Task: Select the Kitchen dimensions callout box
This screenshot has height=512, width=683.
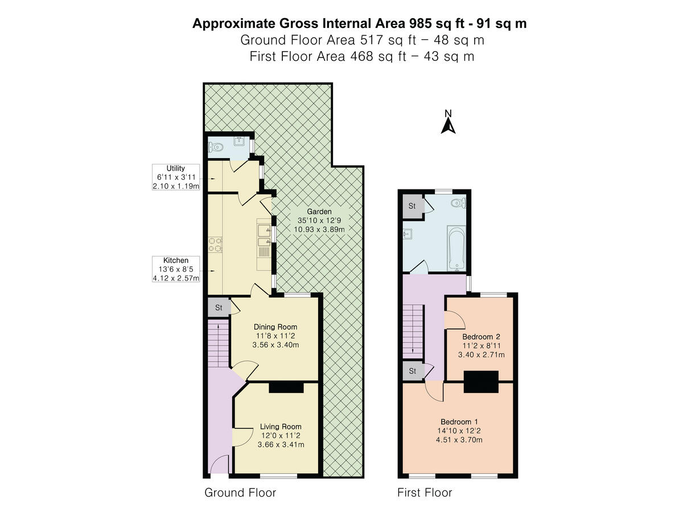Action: coord(176,269)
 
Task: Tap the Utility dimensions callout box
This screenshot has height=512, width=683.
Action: coord(176,177)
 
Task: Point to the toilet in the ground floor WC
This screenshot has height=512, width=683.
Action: coord(216,147)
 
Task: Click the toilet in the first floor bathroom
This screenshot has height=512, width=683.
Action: coord(456,204)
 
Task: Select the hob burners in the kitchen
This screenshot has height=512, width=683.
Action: coord(215,245)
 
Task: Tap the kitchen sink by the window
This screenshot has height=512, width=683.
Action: coord(264,230)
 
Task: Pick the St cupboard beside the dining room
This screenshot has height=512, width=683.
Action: coord(219,308)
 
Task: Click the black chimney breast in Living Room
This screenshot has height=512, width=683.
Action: coord(286,387)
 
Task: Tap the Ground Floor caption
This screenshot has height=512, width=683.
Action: coord(240,493)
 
